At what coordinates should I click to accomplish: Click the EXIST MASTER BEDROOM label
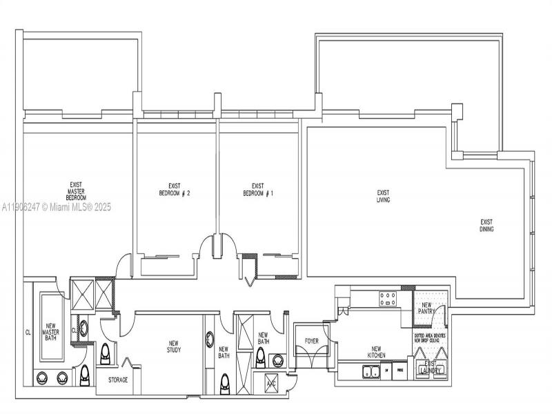[x=75, y=191]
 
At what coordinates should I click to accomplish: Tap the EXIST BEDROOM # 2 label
[x=175, y=190]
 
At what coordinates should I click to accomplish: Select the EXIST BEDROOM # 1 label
[x=258, y=190]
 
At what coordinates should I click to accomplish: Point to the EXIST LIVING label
[x=384, y=196]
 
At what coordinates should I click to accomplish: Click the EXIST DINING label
[x=487, y=225]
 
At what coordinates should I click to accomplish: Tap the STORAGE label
[x=117, y=380]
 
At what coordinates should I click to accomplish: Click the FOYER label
[x=312, y=342]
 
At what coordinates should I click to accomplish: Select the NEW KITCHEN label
[x=377, y=352]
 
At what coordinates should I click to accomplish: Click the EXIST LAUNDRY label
[x=431, y=367]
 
